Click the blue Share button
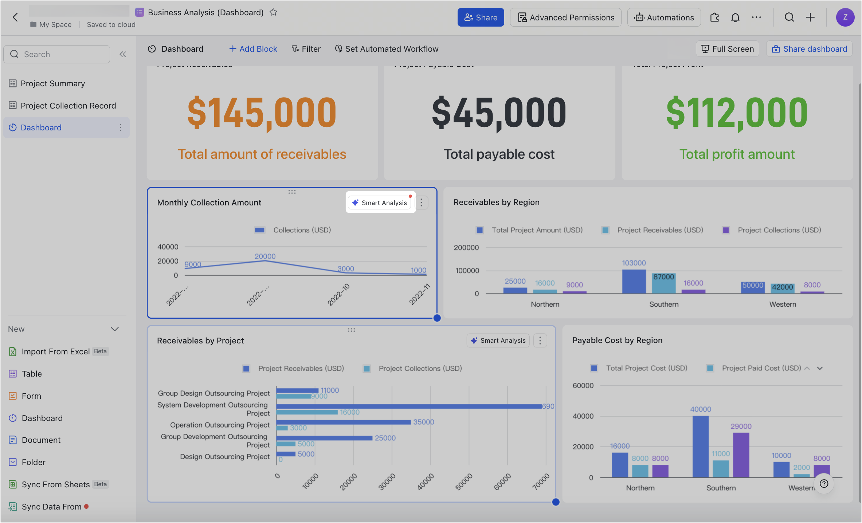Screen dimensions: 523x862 (481, 17)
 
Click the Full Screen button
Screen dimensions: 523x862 (727, 49)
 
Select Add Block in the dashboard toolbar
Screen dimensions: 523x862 (253, 49)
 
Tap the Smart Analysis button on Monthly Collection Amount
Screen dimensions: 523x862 (380, 202)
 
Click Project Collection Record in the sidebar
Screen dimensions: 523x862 (68, 106)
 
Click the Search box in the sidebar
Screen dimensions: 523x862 (56, 54)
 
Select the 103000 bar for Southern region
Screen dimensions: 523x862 (634, 282)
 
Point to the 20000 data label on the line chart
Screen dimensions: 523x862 (265, 256)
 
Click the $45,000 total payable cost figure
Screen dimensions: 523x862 (499, 113)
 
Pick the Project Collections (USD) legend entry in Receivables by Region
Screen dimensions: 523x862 (779, 230)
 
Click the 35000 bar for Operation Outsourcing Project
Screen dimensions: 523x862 (343, 422)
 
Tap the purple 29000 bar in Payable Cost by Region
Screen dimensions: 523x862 (741, 455)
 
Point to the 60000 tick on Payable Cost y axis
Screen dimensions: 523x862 (583, 385)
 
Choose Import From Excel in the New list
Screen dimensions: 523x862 (55, 351)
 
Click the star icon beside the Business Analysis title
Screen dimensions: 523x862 (273, 12)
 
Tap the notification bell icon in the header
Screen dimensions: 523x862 (735, 17)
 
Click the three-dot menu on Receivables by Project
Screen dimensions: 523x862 (540, 341)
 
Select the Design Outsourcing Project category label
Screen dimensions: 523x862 (224, 457)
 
